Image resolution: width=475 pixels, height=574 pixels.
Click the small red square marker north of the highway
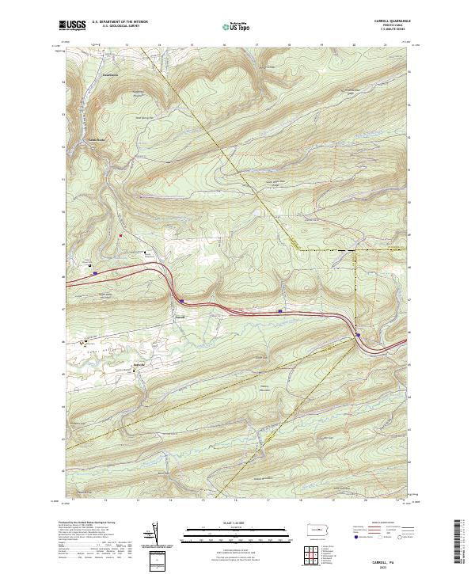120,235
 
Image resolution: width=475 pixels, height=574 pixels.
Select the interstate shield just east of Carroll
181,300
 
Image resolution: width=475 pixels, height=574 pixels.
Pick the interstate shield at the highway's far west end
94,273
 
